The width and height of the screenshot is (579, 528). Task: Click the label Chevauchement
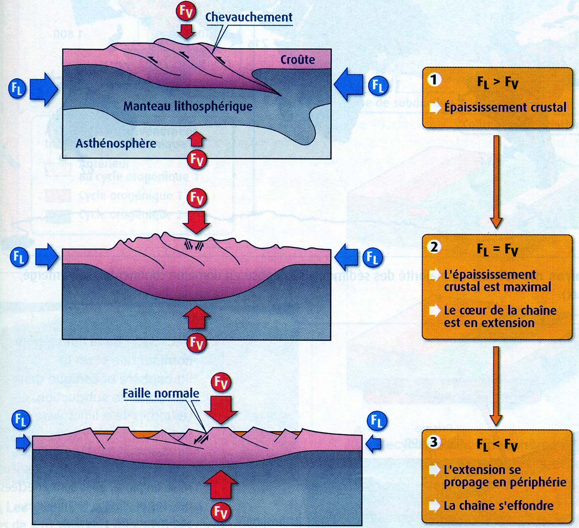(249, 17)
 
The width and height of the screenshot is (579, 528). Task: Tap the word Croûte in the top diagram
(298, 60)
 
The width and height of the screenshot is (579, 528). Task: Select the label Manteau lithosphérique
(188, 106)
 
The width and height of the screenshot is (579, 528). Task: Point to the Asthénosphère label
(116, 143)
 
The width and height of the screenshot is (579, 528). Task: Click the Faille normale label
(161, 394)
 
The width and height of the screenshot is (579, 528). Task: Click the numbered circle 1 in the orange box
(434, 80)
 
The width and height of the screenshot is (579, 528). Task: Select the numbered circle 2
(434, 247)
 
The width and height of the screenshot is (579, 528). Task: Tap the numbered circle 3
(434, 442)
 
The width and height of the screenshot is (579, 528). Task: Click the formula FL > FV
(497, 82)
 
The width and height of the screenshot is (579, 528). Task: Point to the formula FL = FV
(497, 249)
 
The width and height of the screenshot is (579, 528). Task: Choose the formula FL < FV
(497, 444)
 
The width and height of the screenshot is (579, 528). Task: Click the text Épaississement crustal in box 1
(505, 108)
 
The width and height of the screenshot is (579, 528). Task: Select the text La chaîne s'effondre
(498, 506)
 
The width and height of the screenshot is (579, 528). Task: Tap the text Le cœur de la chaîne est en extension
(500, 316)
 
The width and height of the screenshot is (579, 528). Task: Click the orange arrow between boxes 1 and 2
(496, 181)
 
